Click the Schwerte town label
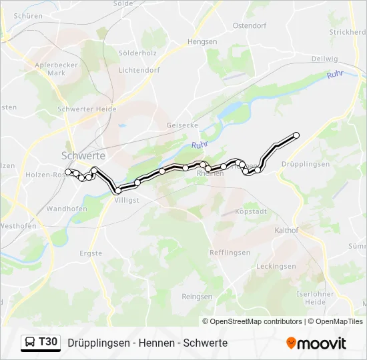click(83, 155)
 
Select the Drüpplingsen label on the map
click(306, 164)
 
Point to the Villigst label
click(127, 199)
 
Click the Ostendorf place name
click(250, 25)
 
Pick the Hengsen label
click(202, 41)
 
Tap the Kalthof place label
click(286, 230)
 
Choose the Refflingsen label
click(230, 253)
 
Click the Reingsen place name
click(197, 297)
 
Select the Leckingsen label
click(276, 266)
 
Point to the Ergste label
click(91, 253)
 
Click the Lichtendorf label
click(139, 69)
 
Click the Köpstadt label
click(251, 211)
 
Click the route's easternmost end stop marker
click(296, 135)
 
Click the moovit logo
click(316, 343)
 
